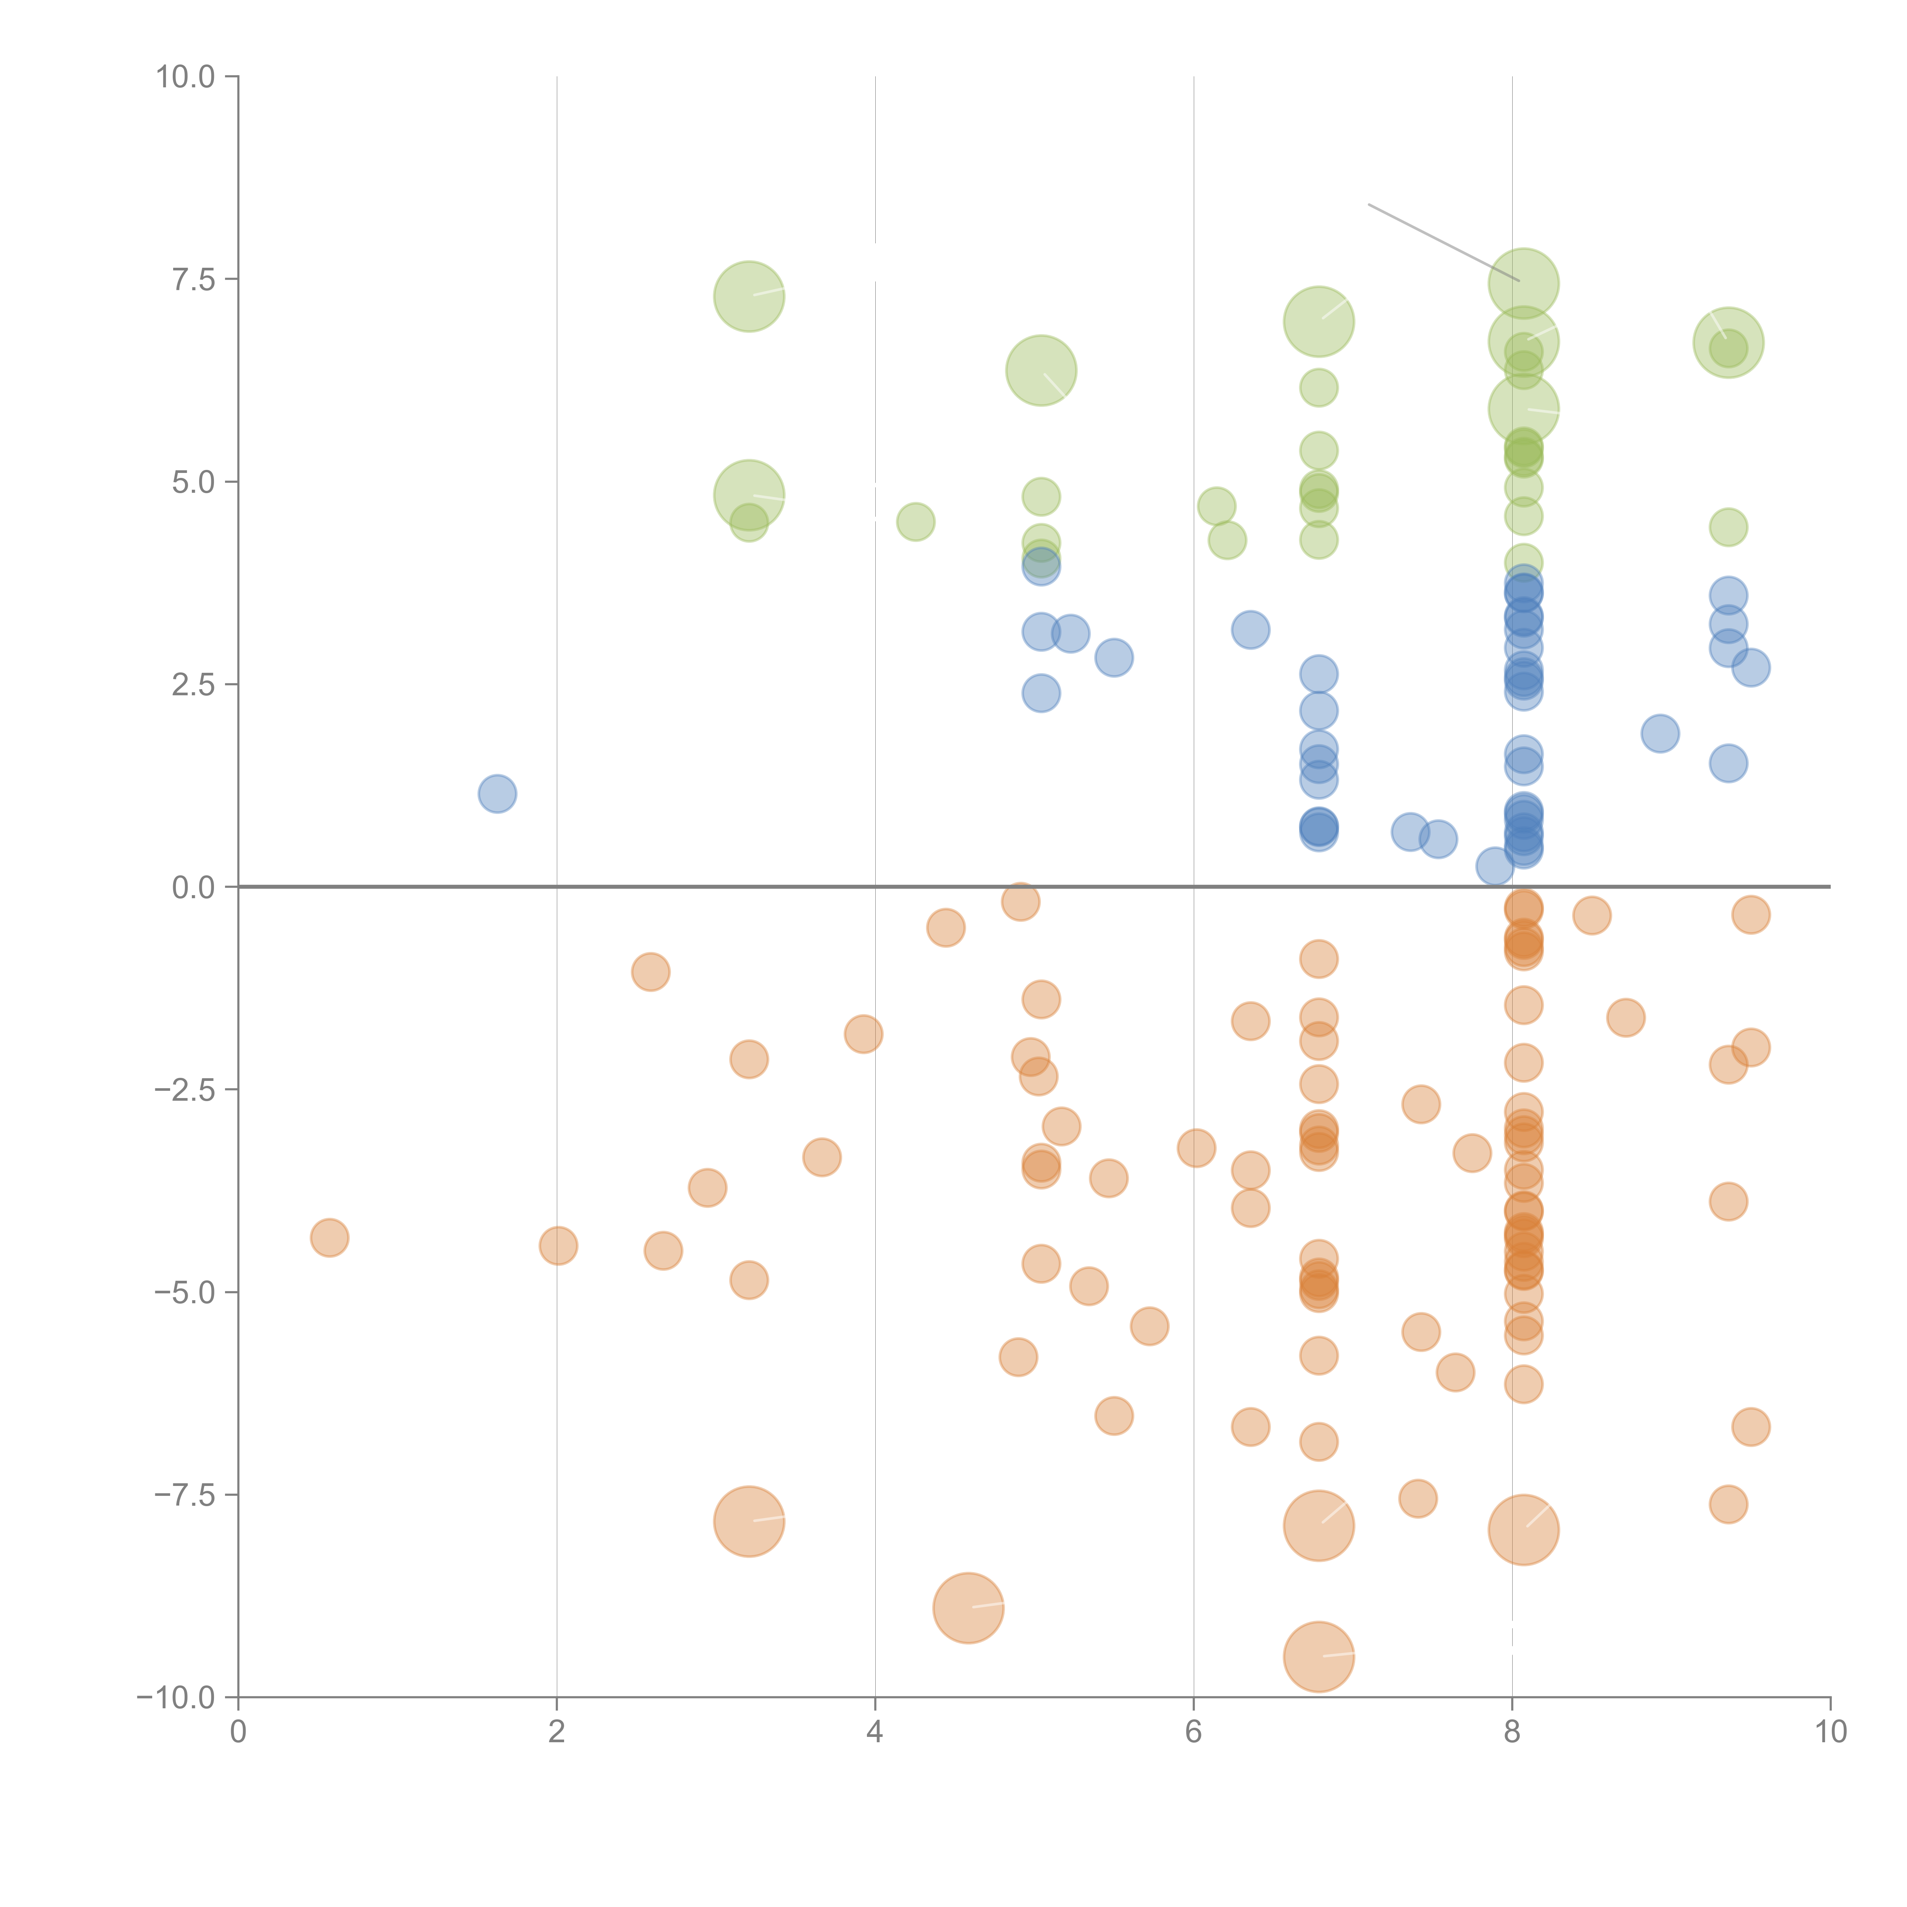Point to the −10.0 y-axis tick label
[176, 1698]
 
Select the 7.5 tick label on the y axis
[193, 279]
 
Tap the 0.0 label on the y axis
[193, 888]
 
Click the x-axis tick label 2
[557, 1732]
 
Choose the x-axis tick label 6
[1193, 1732]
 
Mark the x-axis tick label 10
[1830, 1732]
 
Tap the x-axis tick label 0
[238, 1732]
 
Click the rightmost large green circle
[1727, 342]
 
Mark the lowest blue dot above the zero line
[1495, 867]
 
